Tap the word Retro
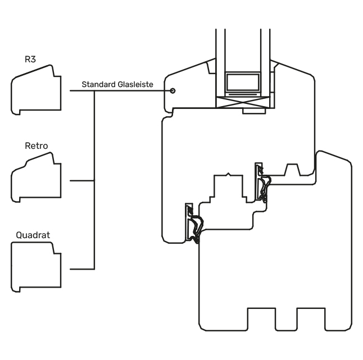click(37, 146)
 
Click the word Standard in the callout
click(98, 84)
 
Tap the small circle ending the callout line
click(173, 91)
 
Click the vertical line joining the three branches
click(94, 180)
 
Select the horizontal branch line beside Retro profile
click(81, 181)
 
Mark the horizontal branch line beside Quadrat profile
click(81, 267)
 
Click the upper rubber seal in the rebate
click(262, 183)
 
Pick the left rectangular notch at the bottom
click(259, 320)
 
